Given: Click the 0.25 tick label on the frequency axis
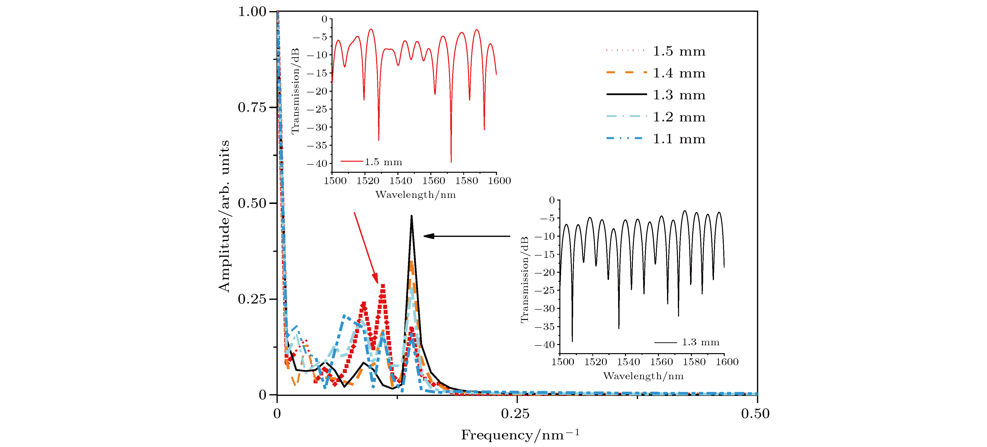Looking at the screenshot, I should pos(515,414).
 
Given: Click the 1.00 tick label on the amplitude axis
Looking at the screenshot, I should pos(252,12).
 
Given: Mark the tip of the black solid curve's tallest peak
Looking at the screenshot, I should pos(411,216).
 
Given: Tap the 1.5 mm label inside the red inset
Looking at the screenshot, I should pos(383,162).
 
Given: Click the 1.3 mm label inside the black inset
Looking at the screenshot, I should pos(700,342).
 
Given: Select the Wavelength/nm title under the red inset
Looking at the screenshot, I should pos(415,195).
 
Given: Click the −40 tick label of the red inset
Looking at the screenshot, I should pos(317,164).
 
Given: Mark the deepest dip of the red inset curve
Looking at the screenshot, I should pos(451,162).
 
